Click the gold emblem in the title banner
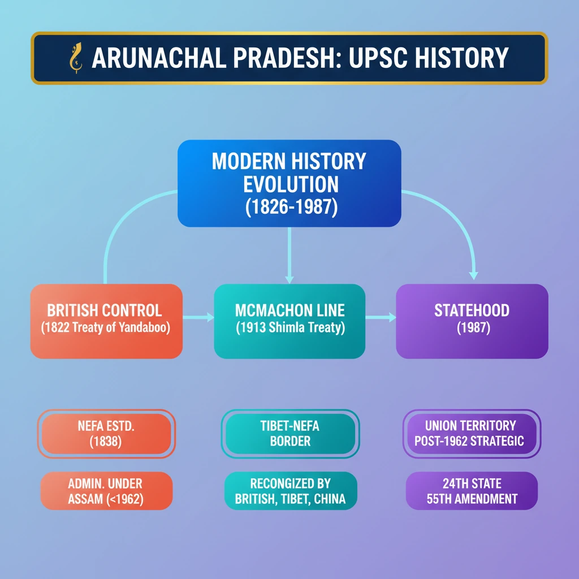click(76, 58)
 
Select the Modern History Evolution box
click(289, 183)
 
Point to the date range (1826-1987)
click(291, 207)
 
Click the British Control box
click(106, 321)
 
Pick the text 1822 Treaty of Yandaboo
click(106, 327)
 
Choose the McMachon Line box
click(289, 321)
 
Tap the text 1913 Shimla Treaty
click(291, 327)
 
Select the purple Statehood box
click(472, 321)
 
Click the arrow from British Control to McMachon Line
click(198, 317)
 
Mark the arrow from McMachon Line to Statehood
click(381, 317)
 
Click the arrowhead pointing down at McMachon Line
click(289, 279)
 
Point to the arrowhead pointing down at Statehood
click(473, 275)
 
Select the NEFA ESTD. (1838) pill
click(106, 434)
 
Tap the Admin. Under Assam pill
click(106, 491)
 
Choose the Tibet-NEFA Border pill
click(290, 434)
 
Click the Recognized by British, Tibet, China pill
click(291, 491)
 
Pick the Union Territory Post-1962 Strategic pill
click(472, 434)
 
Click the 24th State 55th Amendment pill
click(472, 491)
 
